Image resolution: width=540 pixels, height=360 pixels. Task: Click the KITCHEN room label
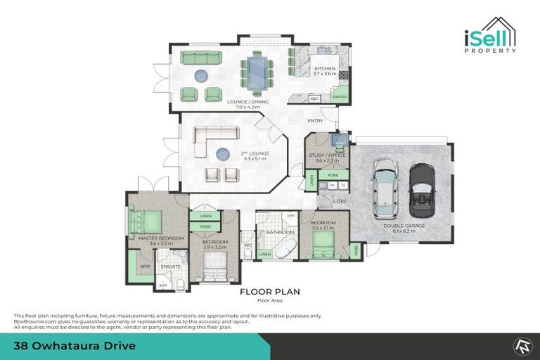(325, 69)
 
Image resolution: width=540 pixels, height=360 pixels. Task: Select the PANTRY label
(339, 97)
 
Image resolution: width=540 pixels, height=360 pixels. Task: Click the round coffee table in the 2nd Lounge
(224, 153)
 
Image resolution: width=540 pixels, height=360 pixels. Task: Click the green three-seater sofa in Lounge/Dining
(201, 58)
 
